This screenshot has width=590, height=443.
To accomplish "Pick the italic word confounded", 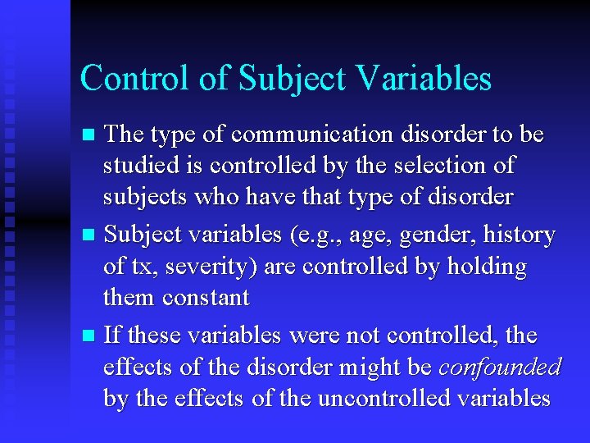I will tap(500, 368).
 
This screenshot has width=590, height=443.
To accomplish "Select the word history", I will tap(519, 235).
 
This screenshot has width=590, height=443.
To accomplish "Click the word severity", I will tap(210, 267).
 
